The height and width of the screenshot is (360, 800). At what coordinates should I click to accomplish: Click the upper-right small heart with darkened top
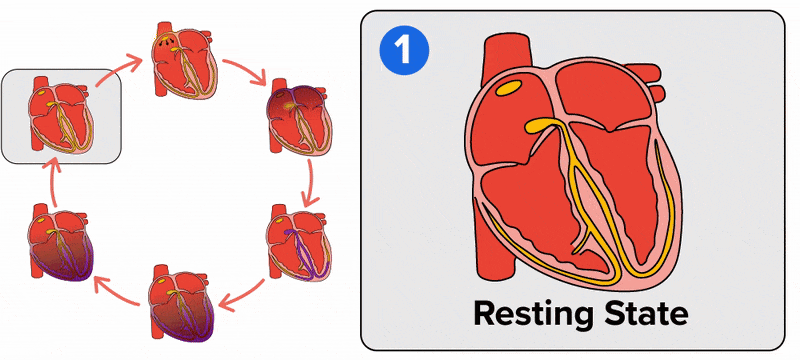295,117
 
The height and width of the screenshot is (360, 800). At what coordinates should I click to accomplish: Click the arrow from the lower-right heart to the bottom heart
240,294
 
